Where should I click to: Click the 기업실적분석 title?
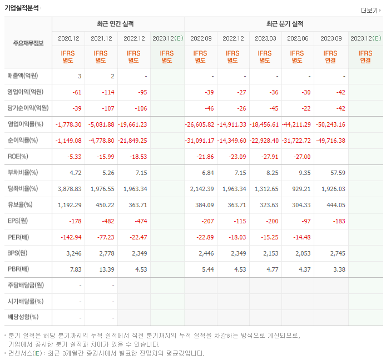(22, 8)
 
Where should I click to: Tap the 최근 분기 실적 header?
(285, 24)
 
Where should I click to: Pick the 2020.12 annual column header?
(69, 38)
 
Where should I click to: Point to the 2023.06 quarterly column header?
(298, 38)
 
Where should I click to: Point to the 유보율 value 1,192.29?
(70, 205)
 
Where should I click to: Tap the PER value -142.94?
(71, 237)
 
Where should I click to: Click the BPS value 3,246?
(73, 253)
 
